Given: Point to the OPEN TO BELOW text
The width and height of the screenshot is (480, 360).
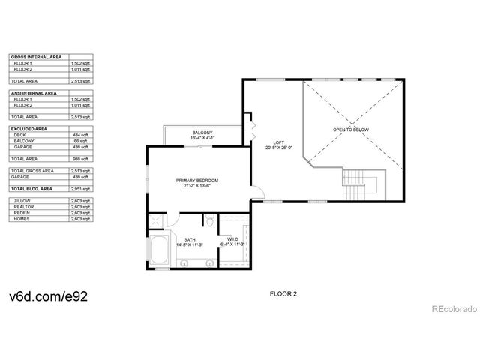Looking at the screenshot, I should [x=351, y=130].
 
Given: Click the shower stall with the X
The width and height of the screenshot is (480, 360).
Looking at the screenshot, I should [x=156, y=220].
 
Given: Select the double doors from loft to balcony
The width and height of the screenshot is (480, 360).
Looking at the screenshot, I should [x=253, y=123].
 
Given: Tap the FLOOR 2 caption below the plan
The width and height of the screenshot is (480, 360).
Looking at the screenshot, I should [x=283, y=294].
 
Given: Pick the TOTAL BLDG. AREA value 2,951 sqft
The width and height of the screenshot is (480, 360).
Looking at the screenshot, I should [x=81, y=189].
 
